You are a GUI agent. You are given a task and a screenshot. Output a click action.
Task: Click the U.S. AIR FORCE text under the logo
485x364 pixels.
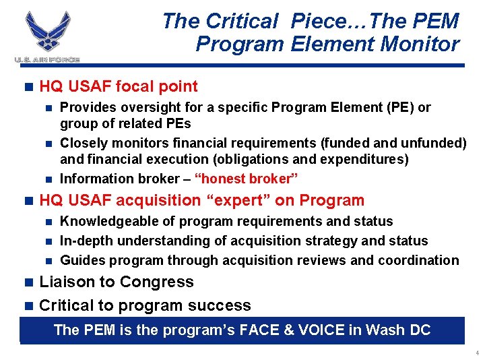47,60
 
